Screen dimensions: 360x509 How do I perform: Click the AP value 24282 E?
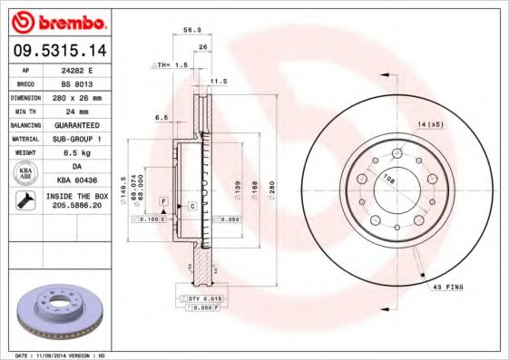click(83, 69)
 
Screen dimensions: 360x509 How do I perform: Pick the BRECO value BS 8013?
click(83, 83)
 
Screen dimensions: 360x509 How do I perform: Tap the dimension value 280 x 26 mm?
click(83, 96)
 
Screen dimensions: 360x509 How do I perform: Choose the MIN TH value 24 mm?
click(83, 110)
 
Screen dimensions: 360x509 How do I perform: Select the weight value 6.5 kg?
click(83, 153)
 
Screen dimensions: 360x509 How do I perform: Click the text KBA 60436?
click(83, 181)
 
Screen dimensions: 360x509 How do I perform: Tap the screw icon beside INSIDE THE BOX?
click(24, 202)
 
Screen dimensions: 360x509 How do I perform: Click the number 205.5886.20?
click(83, 208)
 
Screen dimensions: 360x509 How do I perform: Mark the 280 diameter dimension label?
click(269, 192)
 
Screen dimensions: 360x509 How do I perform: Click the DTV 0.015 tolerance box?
click(204, 298)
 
